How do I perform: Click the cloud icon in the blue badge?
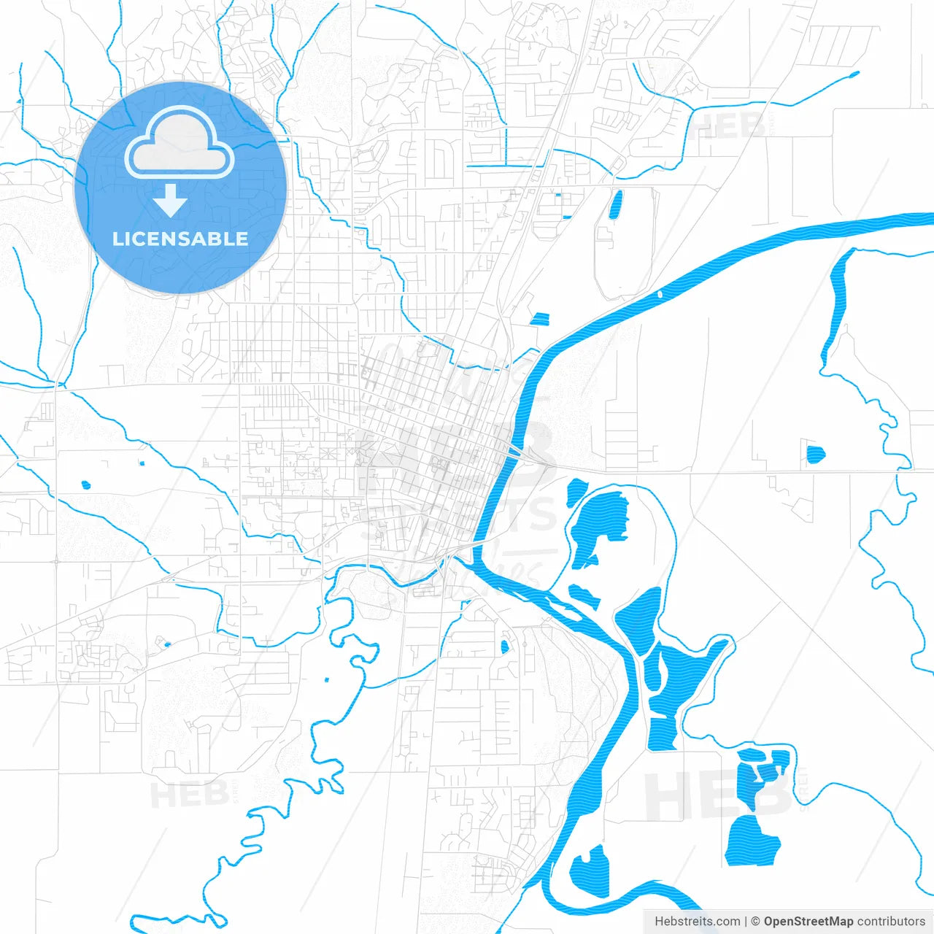click(x=179, y=144)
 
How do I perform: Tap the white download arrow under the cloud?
click(x=171, y=201)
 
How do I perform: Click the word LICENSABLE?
click(x=180, y=239)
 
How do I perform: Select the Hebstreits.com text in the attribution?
click(x=697, y=922)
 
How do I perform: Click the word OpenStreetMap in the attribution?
click(x=808, y=922)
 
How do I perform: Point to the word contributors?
click(x=891, y=922)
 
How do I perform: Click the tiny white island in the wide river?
click(x=660, y=294)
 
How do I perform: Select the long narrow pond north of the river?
click(x=615, y=205)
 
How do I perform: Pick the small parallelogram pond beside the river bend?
click(x=540, y=319)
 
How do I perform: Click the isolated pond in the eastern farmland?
click(x=815, y=455)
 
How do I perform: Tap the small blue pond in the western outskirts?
click(x=85, y=485)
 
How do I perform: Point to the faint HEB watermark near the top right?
click(x=730, y=128)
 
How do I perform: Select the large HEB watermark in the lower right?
click(x=719, y=795)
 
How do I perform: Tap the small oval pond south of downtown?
click(x=504, y=647)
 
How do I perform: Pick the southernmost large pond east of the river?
click(x=752, y=841)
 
